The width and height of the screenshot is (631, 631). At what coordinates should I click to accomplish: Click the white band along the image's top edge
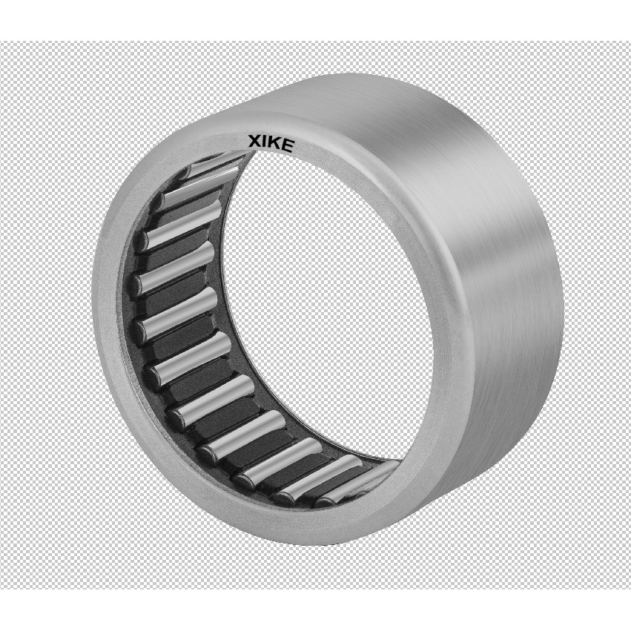[315, 19]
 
